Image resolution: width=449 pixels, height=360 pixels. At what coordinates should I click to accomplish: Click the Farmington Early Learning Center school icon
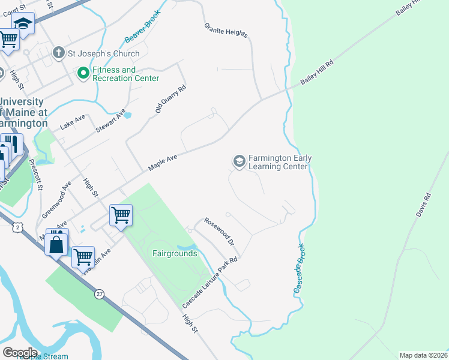239,161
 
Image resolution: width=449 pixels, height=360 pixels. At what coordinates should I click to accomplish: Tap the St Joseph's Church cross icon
59,53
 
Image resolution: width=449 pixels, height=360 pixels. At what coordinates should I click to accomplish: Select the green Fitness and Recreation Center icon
83,74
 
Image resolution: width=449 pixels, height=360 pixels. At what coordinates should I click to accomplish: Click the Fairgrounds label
174,253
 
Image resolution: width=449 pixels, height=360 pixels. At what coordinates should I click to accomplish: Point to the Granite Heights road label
226,31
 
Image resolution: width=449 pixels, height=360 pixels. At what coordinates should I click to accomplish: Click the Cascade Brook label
301,269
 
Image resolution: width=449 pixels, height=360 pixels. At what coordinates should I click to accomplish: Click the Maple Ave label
163,163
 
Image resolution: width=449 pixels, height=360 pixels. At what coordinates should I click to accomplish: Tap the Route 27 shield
98,294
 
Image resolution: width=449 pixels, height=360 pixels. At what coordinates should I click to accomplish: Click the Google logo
20,352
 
